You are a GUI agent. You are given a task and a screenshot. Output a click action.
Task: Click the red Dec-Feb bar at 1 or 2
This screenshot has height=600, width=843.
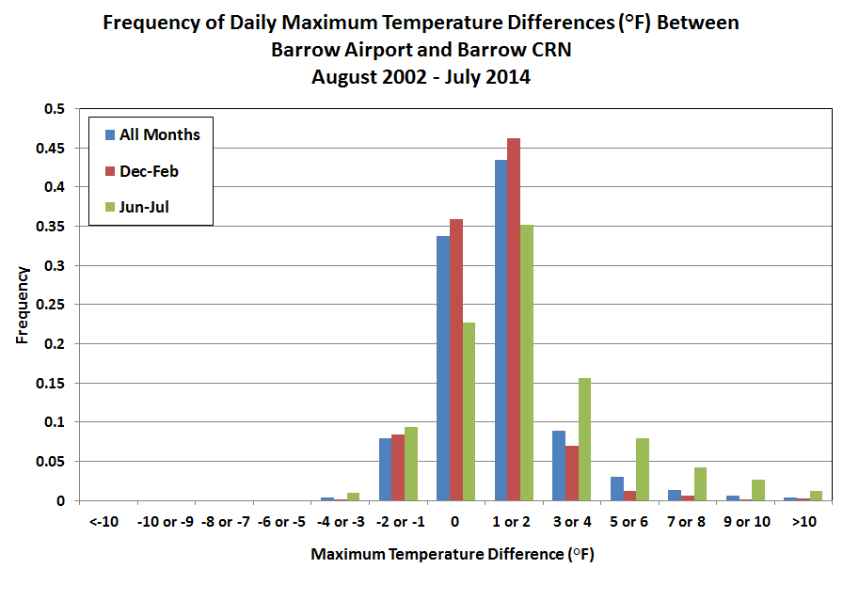514,320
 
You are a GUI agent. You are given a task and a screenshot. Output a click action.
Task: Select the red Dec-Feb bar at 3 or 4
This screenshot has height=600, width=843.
572,473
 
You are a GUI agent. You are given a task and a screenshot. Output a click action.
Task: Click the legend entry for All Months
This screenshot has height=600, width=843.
159,134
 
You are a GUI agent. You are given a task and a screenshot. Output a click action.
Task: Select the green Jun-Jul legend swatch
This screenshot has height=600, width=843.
110,208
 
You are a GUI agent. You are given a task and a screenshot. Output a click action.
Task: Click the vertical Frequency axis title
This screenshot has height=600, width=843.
22,305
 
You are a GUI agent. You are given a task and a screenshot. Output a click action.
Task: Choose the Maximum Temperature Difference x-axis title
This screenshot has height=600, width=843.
453,555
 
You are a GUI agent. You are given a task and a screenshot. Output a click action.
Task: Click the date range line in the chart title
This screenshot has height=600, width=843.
421,77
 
